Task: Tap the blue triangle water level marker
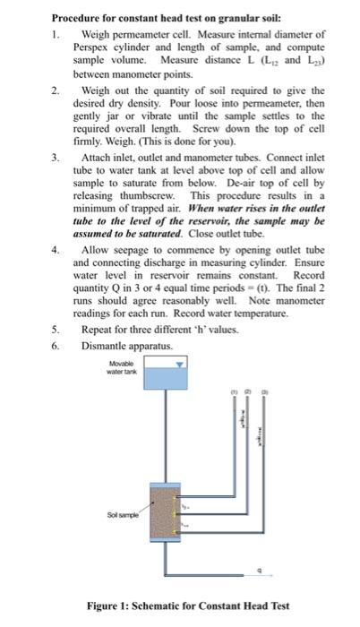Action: (x=179, y=365)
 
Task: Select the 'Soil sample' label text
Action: (x=123, y=516)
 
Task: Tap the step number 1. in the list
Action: (x=56, y=33)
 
